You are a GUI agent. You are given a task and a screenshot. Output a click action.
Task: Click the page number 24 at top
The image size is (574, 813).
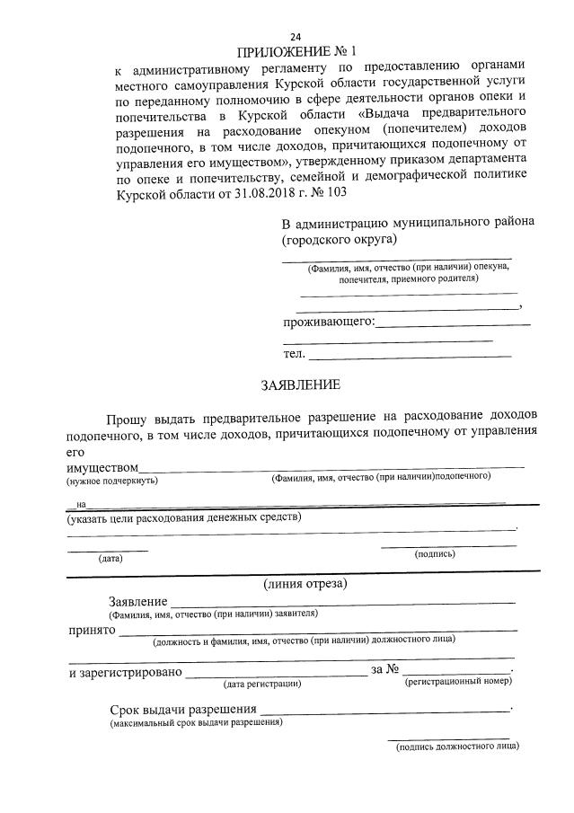pos(296,35)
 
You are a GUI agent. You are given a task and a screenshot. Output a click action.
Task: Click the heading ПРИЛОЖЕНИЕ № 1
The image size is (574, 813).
pos(296,50)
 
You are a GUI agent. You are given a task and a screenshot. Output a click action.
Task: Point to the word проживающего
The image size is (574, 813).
pos(328,322)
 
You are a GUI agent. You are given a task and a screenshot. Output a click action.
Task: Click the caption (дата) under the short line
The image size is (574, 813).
pos(110,558)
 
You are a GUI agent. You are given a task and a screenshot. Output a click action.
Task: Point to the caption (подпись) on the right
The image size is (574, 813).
pos(436,554)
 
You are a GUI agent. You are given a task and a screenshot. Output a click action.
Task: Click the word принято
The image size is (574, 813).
pos(92,630)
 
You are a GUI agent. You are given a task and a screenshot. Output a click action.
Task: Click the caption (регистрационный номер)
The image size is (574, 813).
pos(458,683)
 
